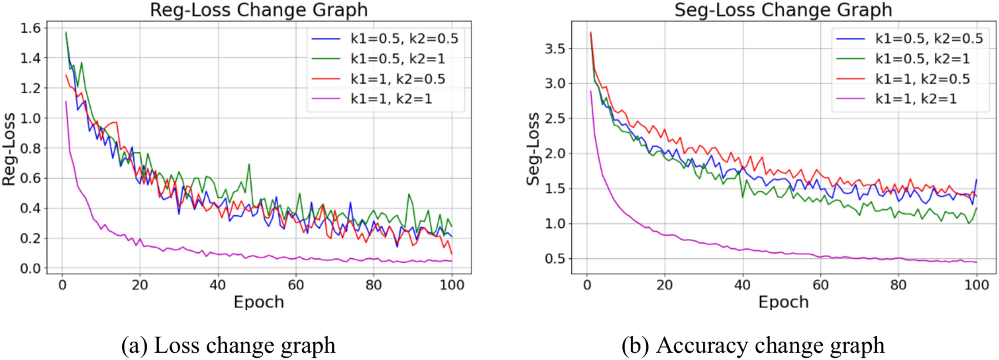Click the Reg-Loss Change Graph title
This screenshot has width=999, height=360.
259,10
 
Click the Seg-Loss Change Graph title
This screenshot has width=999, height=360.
783,10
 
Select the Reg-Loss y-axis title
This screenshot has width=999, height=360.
9,149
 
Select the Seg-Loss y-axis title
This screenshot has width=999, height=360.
533,149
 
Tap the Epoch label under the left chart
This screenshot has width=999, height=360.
259,302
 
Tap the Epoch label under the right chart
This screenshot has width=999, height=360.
783,302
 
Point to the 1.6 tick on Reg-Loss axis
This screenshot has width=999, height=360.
31,28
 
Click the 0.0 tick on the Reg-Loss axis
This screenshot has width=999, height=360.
31,268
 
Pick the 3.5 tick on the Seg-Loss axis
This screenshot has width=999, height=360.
555,49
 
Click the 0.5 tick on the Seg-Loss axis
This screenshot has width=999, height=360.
555,259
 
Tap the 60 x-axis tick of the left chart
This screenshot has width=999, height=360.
296,285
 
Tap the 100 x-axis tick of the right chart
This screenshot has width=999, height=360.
976,285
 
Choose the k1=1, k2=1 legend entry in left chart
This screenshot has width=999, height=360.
391,99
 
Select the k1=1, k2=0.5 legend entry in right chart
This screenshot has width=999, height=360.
922,79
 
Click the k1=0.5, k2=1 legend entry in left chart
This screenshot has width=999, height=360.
398,59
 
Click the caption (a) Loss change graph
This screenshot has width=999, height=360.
228,345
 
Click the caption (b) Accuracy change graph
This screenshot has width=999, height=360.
753,345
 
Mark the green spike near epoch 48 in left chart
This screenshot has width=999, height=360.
249,164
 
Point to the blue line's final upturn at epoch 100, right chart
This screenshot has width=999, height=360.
976,180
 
